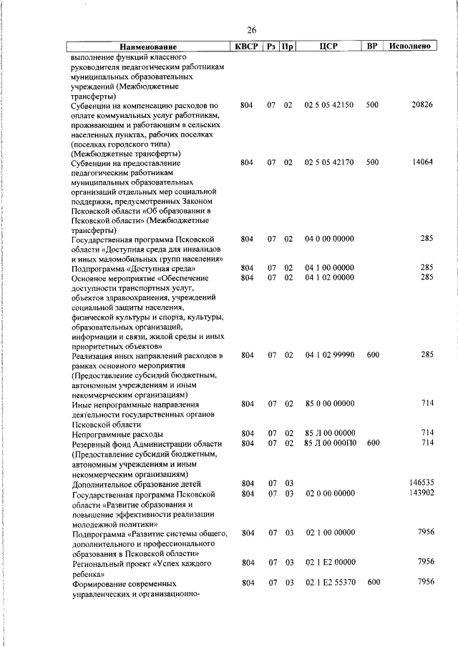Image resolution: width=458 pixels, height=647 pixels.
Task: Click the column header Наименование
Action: pos(148,46)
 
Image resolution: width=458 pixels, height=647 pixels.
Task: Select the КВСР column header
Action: pos(247,46)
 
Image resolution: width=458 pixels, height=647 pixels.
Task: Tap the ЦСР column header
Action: pos(329,46)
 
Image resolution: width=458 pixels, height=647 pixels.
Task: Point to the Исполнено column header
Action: pos(410,46)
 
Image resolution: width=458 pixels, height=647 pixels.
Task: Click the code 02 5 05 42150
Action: pos(328,105)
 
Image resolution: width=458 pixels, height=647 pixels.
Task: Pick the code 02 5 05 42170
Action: pos(328,162)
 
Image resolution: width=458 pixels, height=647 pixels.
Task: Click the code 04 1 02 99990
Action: pos(328,355)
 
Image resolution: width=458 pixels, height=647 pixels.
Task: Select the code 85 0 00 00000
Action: pos(328,404)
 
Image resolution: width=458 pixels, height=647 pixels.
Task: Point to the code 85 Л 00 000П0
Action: pos(328,443)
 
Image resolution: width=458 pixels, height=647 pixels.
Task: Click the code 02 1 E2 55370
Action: pos(328,583)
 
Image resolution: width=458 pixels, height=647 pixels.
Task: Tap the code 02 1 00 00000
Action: pos(328,533)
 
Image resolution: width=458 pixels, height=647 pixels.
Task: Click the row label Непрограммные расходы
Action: pos(117,434)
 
